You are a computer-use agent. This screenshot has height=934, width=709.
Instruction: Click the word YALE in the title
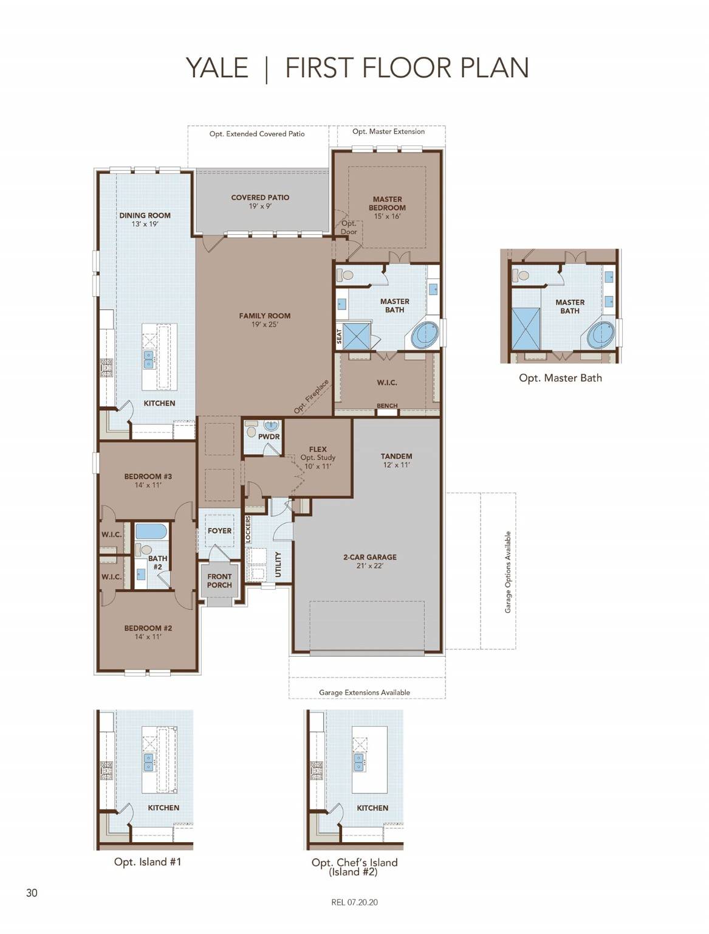(x=217, y=67)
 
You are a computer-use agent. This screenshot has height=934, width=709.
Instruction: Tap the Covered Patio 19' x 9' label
(x=260, y=201)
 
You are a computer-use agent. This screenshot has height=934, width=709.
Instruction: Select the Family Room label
(x=264, y=319)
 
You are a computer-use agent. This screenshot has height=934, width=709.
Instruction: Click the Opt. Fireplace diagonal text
(x=312, y=396)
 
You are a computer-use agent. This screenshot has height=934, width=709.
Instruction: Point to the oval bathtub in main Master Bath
(x=425, y=335)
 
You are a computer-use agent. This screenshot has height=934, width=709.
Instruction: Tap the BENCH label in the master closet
(x=387, y=406)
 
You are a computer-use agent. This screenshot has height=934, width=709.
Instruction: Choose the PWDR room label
(x=269, y=437)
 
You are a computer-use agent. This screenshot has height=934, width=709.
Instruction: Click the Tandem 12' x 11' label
(x=396, y=460)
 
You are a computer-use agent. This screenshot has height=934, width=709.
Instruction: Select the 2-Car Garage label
(x=369, y=561)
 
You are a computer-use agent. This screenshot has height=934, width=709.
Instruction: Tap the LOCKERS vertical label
(x=248, y=530)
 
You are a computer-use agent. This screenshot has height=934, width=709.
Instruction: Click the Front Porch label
(x=219, y=581)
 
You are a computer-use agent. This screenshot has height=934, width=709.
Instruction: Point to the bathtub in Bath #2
(x=151, y=531)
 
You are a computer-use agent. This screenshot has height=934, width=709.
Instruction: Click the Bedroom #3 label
(x=148, y=480)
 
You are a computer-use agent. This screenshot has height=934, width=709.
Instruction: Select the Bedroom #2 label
(x=148, y=632)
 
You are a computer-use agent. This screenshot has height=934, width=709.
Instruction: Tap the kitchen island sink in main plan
(x=149, y=359)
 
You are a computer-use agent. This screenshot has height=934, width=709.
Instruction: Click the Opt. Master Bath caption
(x=560, y=378)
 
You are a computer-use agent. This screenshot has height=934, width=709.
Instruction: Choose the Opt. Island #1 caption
(x=148, y=862)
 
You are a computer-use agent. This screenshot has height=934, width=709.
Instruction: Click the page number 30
(x=32, y=893)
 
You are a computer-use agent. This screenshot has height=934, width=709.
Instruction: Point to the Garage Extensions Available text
(x=364, y=692)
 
